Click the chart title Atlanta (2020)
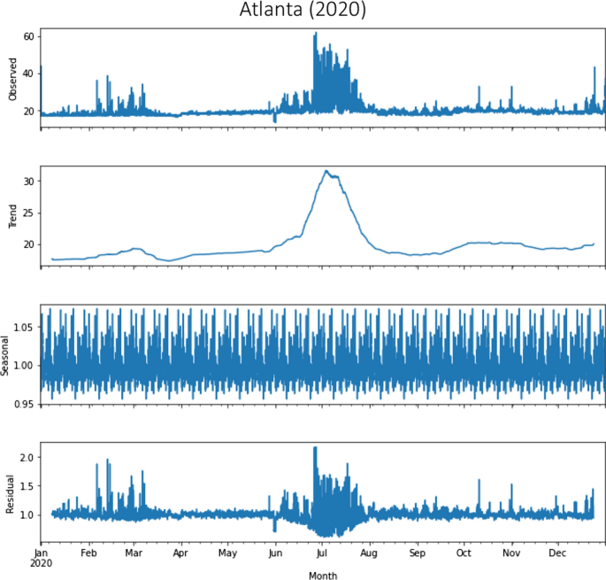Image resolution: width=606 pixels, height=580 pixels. pos(303,11)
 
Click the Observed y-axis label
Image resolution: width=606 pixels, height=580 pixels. pos(13,79)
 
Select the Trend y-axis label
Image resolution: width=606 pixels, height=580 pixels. pos(13,216)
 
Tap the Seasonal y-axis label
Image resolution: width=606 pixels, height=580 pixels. pos(7,354)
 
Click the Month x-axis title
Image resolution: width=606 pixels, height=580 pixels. pos(323,575)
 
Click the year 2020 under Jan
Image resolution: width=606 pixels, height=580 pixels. pos(42,562)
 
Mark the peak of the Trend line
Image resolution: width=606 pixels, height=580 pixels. pos(326,171)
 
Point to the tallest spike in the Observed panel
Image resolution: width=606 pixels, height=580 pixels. pos(315,34)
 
